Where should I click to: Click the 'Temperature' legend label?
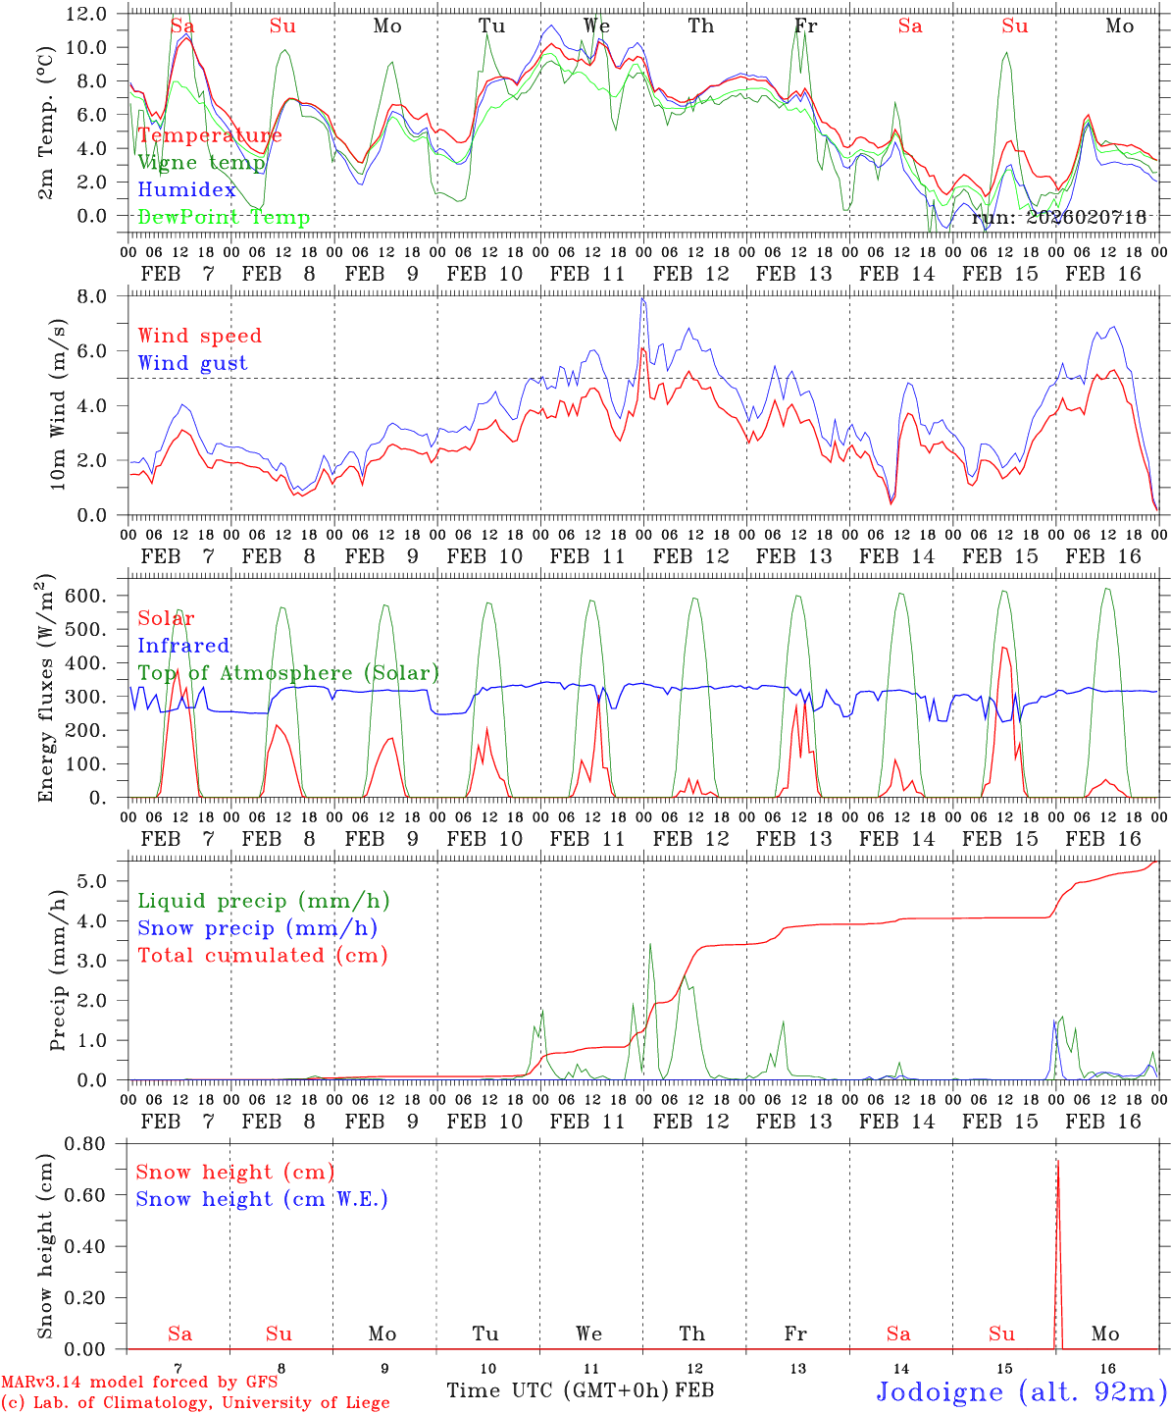click(x=210, y=135)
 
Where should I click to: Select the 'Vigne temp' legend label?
click(x=201, y=163)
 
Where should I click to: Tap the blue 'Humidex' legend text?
click(x=186, y=190)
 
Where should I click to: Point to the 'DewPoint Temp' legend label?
click(x=224, y=217)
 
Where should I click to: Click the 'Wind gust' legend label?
click(x=192, y=363)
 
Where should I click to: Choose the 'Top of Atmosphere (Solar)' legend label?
click(x=288, y=673)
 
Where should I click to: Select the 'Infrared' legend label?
click(x=183, y=646)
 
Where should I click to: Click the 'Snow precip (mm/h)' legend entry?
click(x=257, y=928)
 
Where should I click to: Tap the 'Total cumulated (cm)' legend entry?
click(x=262, y=955)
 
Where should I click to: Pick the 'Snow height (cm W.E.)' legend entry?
click(x=262, y=1199)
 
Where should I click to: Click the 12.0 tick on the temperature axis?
click(x=86, y=14)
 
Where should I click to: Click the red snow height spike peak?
click(x=1057, y=1161)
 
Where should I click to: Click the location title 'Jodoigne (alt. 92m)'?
click(x=1021, y=1391)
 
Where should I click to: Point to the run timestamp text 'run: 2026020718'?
click(x=1059, y=217)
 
